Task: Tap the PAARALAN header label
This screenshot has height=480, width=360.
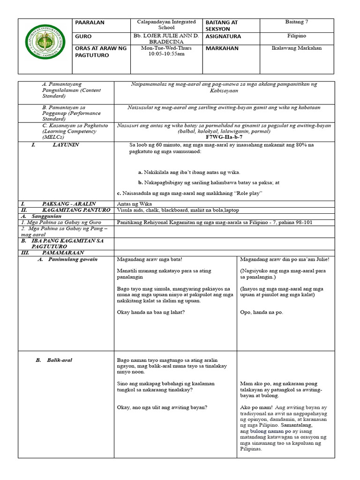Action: point(90,22)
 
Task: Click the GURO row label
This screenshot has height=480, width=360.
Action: point(83,36)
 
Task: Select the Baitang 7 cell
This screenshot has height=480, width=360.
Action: point(297,22)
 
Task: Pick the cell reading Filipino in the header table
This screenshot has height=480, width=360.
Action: point(297,36)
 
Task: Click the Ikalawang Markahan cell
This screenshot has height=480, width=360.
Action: point(297,48)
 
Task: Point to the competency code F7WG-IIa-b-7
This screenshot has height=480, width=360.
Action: point(225,137)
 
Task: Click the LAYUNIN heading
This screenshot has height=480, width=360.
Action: point(66,145)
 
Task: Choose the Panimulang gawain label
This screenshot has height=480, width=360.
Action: point(73,259)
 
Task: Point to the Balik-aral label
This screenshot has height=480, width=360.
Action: point(60,360)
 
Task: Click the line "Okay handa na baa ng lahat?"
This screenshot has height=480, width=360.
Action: point(150,312)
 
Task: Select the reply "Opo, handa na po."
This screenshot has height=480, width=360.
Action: point(262,312)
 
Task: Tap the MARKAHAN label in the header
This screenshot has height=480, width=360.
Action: point(222,48)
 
